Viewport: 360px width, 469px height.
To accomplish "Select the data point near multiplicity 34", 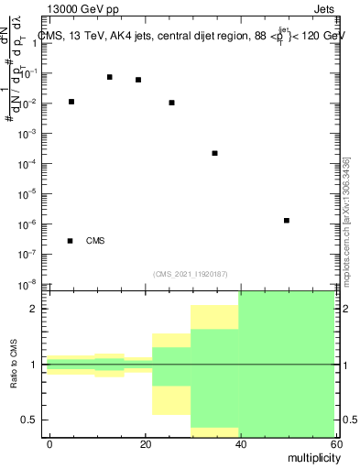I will pos(214,153).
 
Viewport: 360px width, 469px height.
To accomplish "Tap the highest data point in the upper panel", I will pos(110,77).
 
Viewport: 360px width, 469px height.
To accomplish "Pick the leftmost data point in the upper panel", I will pos(71,102).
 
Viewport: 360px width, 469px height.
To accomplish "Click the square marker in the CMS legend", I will pos(71,241).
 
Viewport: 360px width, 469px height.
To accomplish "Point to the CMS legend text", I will pos(95,241).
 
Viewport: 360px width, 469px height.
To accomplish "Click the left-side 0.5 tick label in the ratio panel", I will pos(33,420).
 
